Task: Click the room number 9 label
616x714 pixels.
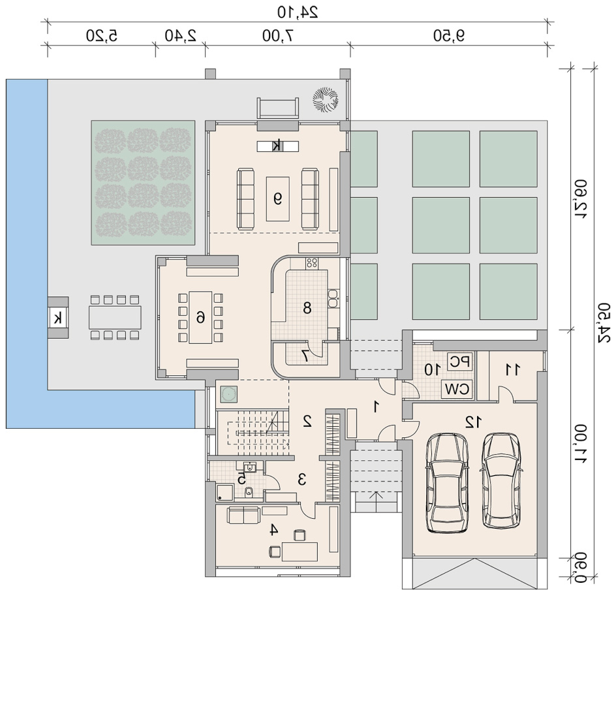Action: [x=277, y=198]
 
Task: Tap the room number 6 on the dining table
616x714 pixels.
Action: [x=200, y=317]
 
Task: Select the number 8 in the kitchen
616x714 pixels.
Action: [x=307, y=308]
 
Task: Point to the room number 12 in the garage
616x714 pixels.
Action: [x=473, y=422]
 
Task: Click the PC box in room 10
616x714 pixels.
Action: [x=460, y=362]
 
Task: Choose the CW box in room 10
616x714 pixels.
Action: [x=457, y=390]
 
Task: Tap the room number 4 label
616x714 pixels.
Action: [x=273, y=529]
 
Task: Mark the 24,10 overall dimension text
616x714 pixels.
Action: [x=298, y=12]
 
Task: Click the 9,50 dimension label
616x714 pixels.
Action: [x=449, y=35]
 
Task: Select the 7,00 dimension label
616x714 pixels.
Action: [x=278, y=35]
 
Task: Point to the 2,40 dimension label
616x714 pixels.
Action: [x=181, y=35]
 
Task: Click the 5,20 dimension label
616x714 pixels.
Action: [x=102, y=35]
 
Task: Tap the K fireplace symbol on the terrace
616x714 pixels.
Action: [x=58, y=318]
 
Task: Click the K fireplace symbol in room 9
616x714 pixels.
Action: [x=277, y=146]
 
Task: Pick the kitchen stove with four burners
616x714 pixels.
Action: [x=312, y=263]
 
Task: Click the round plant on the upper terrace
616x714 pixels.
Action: [x=325, y=100]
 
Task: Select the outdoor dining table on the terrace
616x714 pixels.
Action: [x=115, y=317]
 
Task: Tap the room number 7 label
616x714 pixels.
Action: [x=305, y=356]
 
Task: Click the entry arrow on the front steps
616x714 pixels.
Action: [x=376, y=497]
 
